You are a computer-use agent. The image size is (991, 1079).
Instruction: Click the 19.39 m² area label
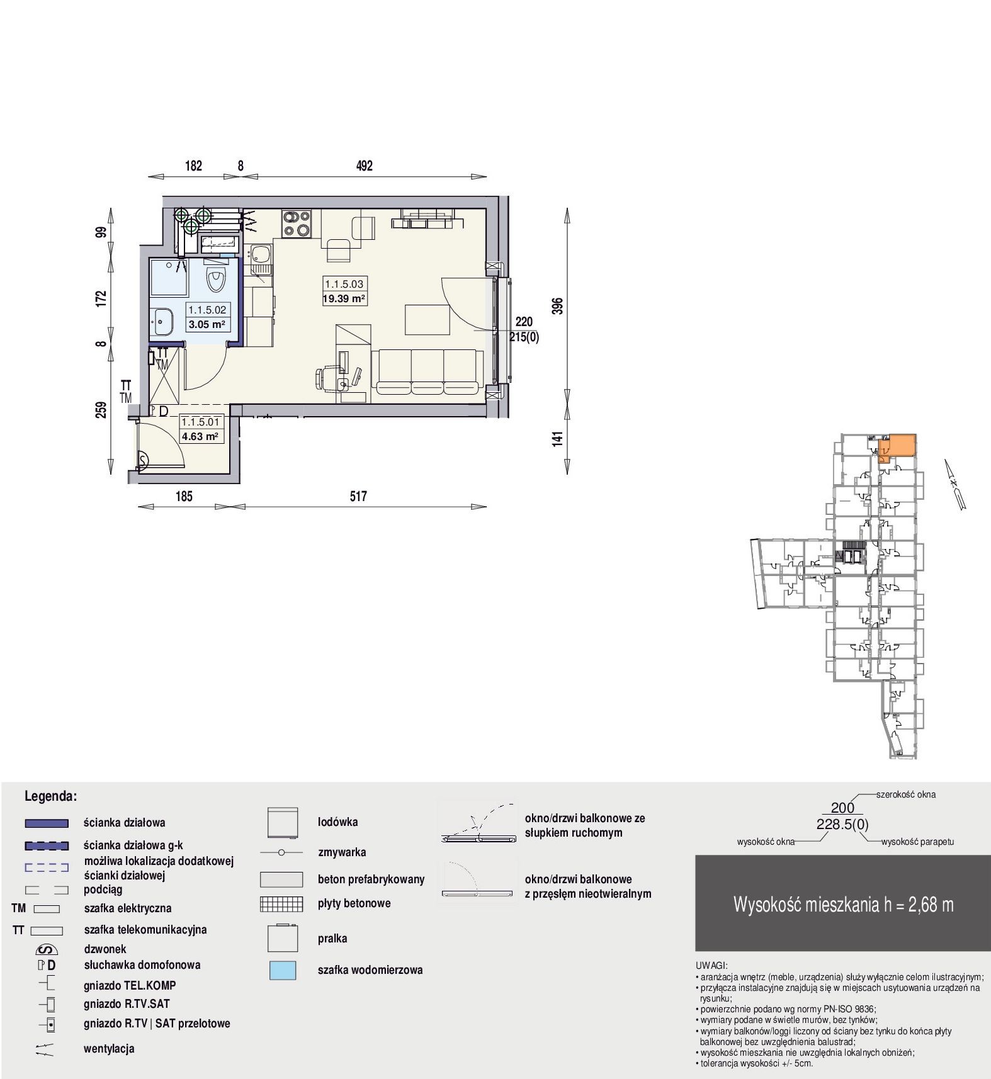point(344,299)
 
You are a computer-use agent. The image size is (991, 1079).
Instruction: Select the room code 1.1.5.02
point(207,310)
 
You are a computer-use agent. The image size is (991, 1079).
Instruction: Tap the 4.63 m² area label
point(200,436)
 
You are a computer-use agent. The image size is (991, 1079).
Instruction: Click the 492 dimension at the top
point(365,166)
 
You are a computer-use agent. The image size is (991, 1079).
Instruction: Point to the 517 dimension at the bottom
point(358,496)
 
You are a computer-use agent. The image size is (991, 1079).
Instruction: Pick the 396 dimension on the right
point(557,306)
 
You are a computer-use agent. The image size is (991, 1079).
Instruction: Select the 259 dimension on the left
point(101,410)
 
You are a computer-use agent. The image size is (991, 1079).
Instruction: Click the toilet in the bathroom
point(216,280)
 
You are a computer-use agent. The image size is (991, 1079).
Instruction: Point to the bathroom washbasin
point(162,322)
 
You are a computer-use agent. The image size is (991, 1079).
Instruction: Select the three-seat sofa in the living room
point(428,372)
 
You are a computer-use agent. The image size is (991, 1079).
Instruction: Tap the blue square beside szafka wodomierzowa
point(283,970)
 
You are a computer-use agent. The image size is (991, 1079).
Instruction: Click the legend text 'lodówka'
point(337,822)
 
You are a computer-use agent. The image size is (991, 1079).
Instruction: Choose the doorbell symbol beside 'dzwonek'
point(47,949)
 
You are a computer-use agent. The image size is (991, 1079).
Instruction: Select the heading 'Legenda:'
point(50,796)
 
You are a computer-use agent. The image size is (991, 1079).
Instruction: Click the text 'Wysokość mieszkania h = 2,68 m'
point(843,905)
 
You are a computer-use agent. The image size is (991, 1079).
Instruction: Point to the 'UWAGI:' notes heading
point(711,965)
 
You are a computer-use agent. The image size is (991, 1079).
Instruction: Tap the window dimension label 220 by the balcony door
point(524,322)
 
